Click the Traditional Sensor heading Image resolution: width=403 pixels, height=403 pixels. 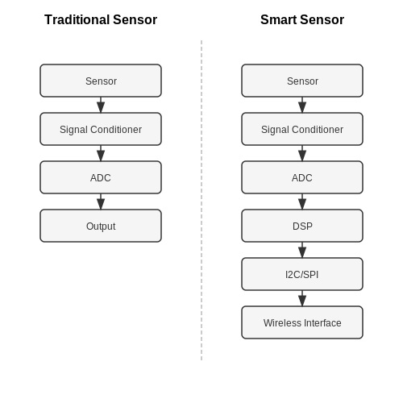pyautogui.click(x=101, y=20)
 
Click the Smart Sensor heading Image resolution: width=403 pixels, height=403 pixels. pyautogui.click(x=302, y=20)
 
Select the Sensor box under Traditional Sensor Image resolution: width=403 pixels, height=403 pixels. pyautogui.click(x=101, y=81)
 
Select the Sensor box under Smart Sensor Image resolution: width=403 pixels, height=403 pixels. pyautogui.click(x=302, y=81)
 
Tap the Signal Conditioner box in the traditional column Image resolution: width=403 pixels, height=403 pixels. pyautogui.click(x=101, y=129)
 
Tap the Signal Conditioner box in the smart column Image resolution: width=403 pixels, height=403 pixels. pyautogui.click(x=302, y=129)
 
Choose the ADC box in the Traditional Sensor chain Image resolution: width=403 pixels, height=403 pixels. pyautogui.click(x=101, y=177)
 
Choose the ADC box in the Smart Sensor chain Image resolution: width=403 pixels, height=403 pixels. pyautogui.click(x=302, y=177)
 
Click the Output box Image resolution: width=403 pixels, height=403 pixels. pyautogui.click(x=101, y=226)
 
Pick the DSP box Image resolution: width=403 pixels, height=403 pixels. pyautogui.click(x=302, y=226)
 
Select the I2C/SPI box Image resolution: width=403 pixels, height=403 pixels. pyautogui.click(x=302, y=274)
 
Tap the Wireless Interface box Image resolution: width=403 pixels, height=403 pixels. pyautogui.click(x=302, y=322)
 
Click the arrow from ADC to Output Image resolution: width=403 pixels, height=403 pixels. pyautogui.click(x=101, y=201)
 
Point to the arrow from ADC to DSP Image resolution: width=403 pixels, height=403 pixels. pyautogui.click(x=302, y=201)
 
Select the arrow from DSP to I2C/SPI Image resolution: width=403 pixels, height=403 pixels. pyautogui.click(x=302, y=250)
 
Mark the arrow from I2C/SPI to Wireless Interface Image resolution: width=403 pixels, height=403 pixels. pyautogui.click(x=302, y=298)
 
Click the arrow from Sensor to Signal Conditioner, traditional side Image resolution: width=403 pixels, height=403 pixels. pyautogui.click(x=101, y=105)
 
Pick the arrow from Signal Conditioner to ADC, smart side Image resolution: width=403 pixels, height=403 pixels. pyautogui.click(x=302, y=153)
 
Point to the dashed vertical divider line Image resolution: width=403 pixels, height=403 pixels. pyautogui.click(x=201, y=200)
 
